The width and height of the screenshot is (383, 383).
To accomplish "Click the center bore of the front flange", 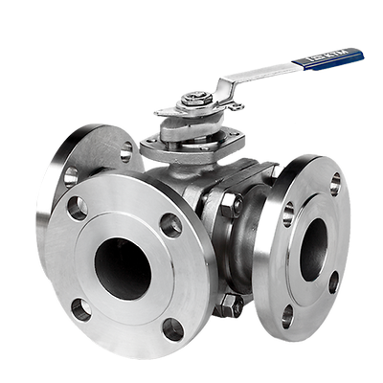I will (x=123, y=268).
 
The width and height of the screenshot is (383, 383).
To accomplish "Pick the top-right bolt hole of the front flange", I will (x=170, y=225).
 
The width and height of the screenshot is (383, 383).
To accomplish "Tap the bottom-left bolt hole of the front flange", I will (x=81, y=309).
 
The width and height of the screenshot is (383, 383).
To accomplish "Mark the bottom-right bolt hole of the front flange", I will (x=171, y=328).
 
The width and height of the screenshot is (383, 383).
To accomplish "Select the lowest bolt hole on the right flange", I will (x=288, y=316).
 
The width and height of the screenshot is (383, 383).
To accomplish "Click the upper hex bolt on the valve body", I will (x=230, y=204).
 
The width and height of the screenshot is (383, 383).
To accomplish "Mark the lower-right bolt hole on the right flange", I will (x=333, y=282).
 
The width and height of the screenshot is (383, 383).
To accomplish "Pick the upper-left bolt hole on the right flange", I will (x=288, y=214).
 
